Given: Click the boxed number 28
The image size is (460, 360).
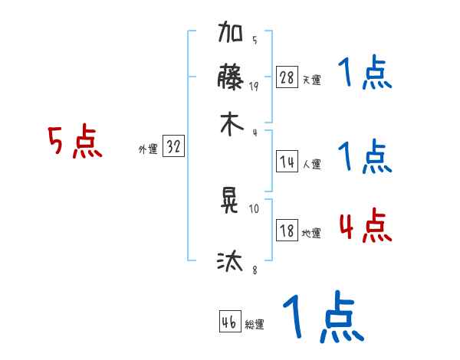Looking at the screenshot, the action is click(x=287, y=77).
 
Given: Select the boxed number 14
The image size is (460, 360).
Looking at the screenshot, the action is click(x=287, y=162).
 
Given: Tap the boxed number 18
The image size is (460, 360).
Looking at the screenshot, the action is click(x=287, y=231).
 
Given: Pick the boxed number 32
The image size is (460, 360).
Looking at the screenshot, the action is click(x=173, y=147).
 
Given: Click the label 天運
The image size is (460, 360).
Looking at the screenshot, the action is click(x=311, y=80).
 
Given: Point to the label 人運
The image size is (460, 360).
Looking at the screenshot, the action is click(x=311, y=164).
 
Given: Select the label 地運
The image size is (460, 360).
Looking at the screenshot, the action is click(x=311, y=233).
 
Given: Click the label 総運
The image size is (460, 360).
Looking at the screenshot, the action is click(x=255, y=325).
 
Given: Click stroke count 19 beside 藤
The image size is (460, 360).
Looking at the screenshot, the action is click(x=255, y=87).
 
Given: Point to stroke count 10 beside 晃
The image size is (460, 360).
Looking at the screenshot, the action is click(x=255, y=208).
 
